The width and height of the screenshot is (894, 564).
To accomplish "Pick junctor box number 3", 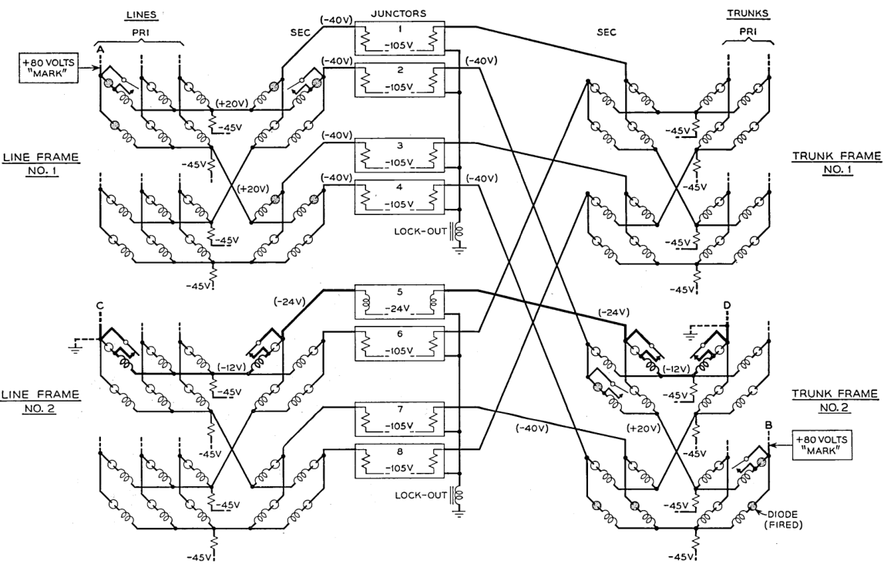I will coord(399,156).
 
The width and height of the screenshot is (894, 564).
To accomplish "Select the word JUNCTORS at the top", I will coord(399,13).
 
